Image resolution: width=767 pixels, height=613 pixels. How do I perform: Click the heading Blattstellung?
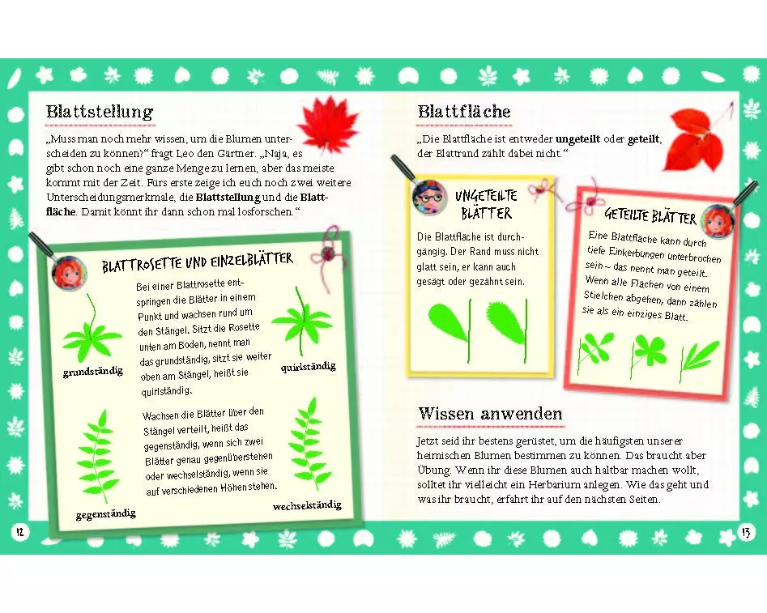click(x=100, y=112)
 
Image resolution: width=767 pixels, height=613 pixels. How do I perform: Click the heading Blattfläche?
click(x=464, y=112)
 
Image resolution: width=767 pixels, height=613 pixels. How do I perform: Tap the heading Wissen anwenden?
click(x=491, y=414)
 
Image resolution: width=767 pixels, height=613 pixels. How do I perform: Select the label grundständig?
click(x=93, y=372)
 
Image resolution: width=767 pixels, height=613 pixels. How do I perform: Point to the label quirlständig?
click(x=308, y=367)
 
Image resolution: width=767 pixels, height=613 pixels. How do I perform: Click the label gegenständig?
click(x=105, y=513)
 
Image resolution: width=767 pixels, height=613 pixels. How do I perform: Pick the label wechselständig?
click(x=307, y=505)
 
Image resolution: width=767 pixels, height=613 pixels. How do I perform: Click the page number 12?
click(x=19, y=532)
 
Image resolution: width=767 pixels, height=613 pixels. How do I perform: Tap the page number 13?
click(x=746, y=532)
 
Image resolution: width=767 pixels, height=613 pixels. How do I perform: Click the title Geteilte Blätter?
click(x=650, y=215)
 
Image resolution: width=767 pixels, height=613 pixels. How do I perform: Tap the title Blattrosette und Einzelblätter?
click(x=197, y=262)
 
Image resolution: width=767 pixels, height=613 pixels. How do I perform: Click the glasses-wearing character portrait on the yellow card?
click(x=430, y=197)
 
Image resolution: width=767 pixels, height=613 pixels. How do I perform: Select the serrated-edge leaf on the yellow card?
click(x=507, y=330)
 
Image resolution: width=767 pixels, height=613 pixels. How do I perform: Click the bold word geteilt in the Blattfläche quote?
click(x=644, y=139)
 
